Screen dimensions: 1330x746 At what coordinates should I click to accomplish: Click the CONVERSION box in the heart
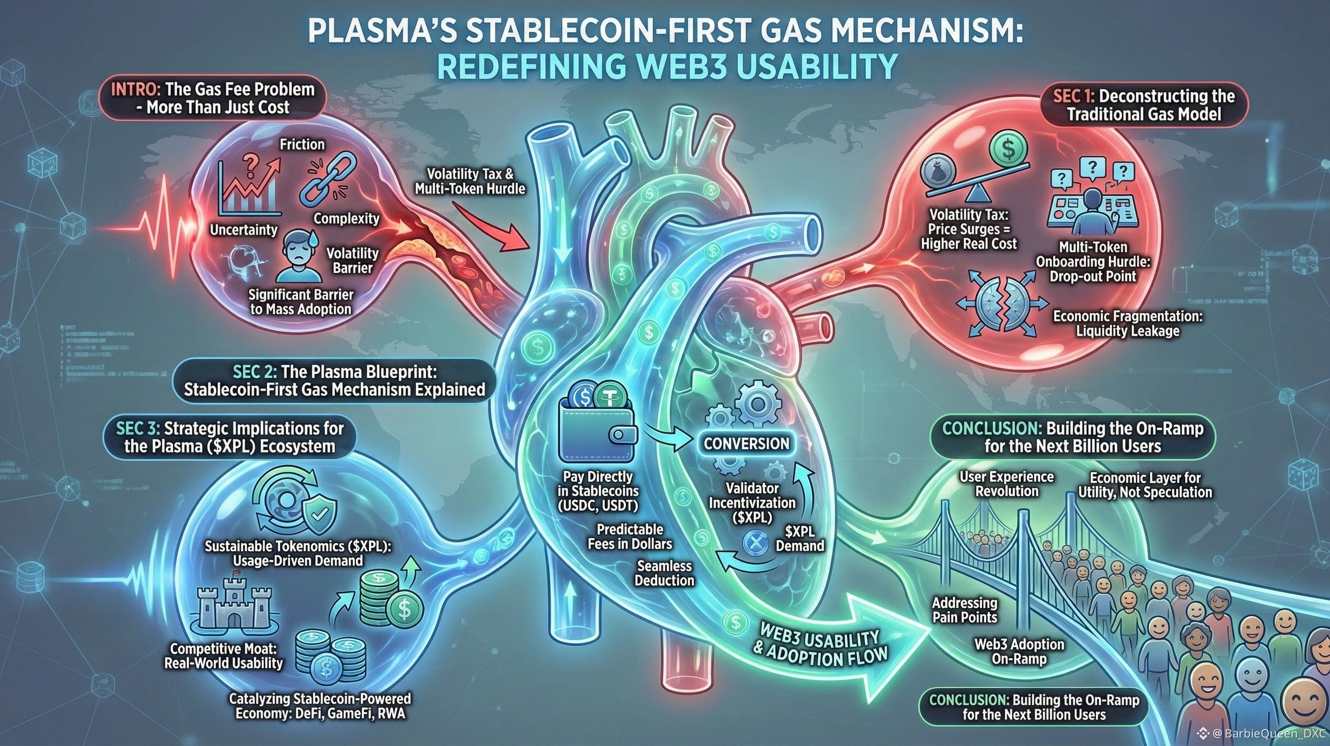click(746, 443)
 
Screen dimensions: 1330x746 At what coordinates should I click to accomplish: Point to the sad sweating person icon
click(296, 255)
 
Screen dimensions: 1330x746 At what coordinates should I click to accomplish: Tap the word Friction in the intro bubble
click(302, 144)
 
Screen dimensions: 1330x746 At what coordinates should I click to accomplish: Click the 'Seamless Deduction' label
click(664, 573)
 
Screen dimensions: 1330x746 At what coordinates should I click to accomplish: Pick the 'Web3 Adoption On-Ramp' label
click(1019, 651)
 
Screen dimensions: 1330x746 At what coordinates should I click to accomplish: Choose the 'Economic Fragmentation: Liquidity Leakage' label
click(1128, 323)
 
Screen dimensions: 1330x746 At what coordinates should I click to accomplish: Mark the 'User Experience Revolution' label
click(1006, 484)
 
